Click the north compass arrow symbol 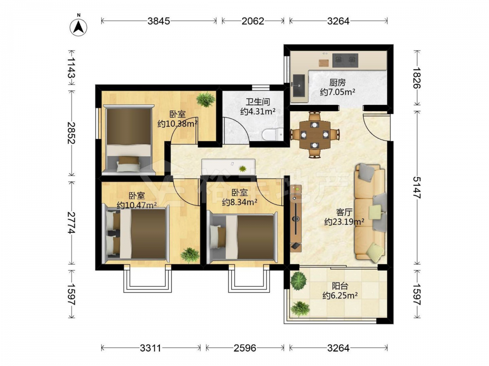78,26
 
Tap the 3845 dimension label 159,21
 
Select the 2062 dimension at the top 253,21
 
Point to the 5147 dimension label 417,187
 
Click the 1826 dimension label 417,78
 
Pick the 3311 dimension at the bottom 150,347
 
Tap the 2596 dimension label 245,347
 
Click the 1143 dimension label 71,67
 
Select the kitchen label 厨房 337,82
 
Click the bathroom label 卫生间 258,102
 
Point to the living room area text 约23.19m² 344,222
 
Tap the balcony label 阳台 340,285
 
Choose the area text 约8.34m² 240,203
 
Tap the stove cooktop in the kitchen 345,61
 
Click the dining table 314,135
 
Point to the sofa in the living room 370,212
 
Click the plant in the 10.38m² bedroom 205,100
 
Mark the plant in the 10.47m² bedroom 190,255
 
